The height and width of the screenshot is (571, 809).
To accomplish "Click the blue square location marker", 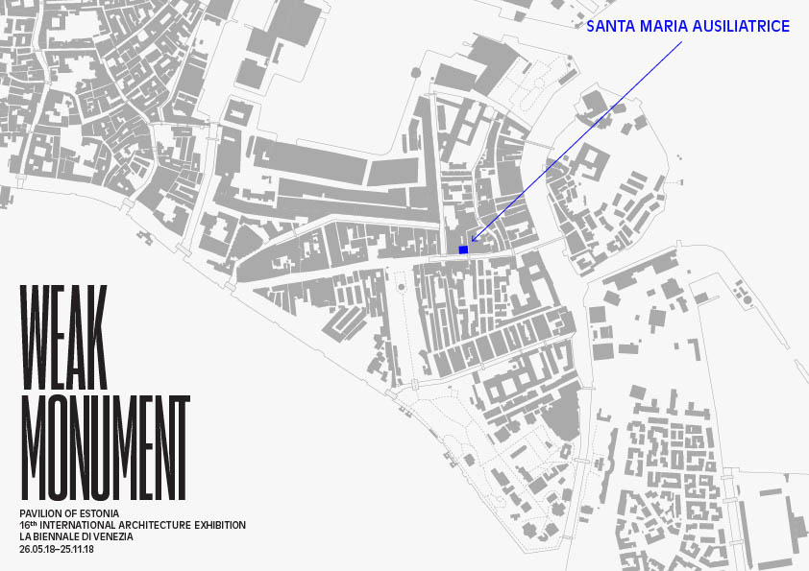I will (463, 250).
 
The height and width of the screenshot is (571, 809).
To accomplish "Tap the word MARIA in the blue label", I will (662, 27).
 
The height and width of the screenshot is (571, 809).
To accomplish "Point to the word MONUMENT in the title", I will (104, 447).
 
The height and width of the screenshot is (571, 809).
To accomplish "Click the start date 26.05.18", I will (38, 549).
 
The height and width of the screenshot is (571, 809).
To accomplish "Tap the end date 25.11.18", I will (85, 549).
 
